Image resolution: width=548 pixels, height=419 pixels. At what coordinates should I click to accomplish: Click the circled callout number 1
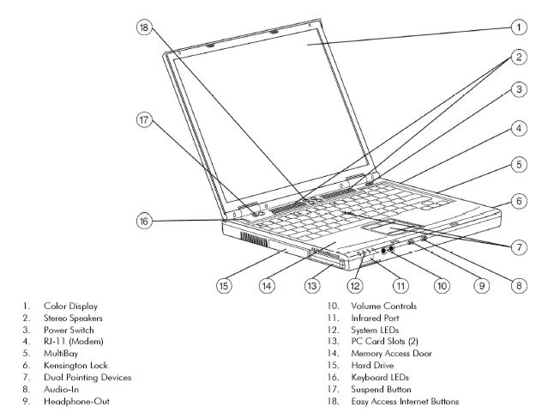(518, 27)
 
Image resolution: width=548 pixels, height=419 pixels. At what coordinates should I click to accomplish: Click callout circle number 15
(223, 285)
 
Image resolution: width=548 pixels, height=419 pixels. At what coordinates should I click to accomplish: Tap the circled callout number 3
(518, 89)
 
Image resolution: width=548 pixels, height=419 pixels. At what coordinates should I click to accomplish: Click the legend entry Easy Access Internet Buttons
(406, 401)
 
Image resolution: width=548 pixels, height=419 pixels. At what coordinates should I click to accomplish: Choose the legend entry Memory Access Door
(393, 353)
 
